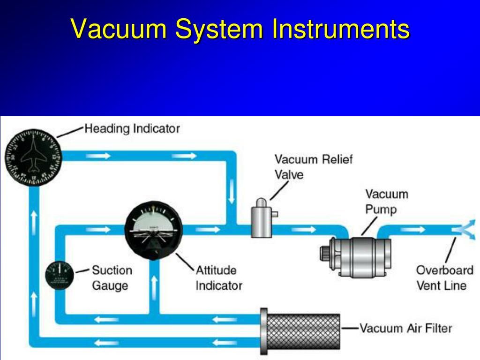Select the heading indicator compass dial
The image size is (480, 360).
(33, 157)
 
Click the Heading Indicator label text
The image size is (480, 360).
(132, 128)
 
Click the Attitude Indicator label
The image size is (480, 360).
(218, 277)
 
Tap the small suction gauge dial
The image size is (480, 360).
(60, 275)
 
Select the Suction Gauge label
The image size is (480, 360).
(112, 277)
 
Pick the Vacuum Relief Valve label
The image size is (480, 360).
(313, 166)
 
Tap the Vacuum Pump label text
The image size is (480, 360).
(386, 201)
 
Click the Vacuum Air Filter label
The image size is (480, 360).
(405, 328)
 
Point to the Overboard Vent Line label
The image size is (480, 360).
(444, 277)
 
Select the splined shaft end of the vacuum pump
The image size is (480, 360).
(325, 256)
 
